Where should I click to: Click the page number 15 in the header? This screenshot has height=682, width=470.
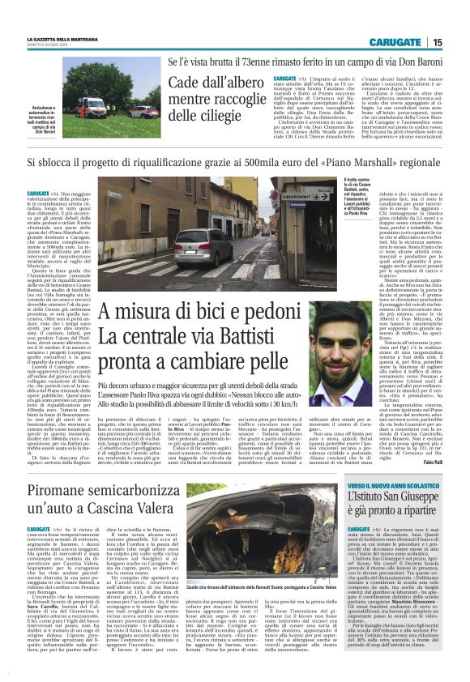438,42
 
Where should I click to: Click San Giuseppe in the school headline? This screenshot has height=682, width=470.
406,497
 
